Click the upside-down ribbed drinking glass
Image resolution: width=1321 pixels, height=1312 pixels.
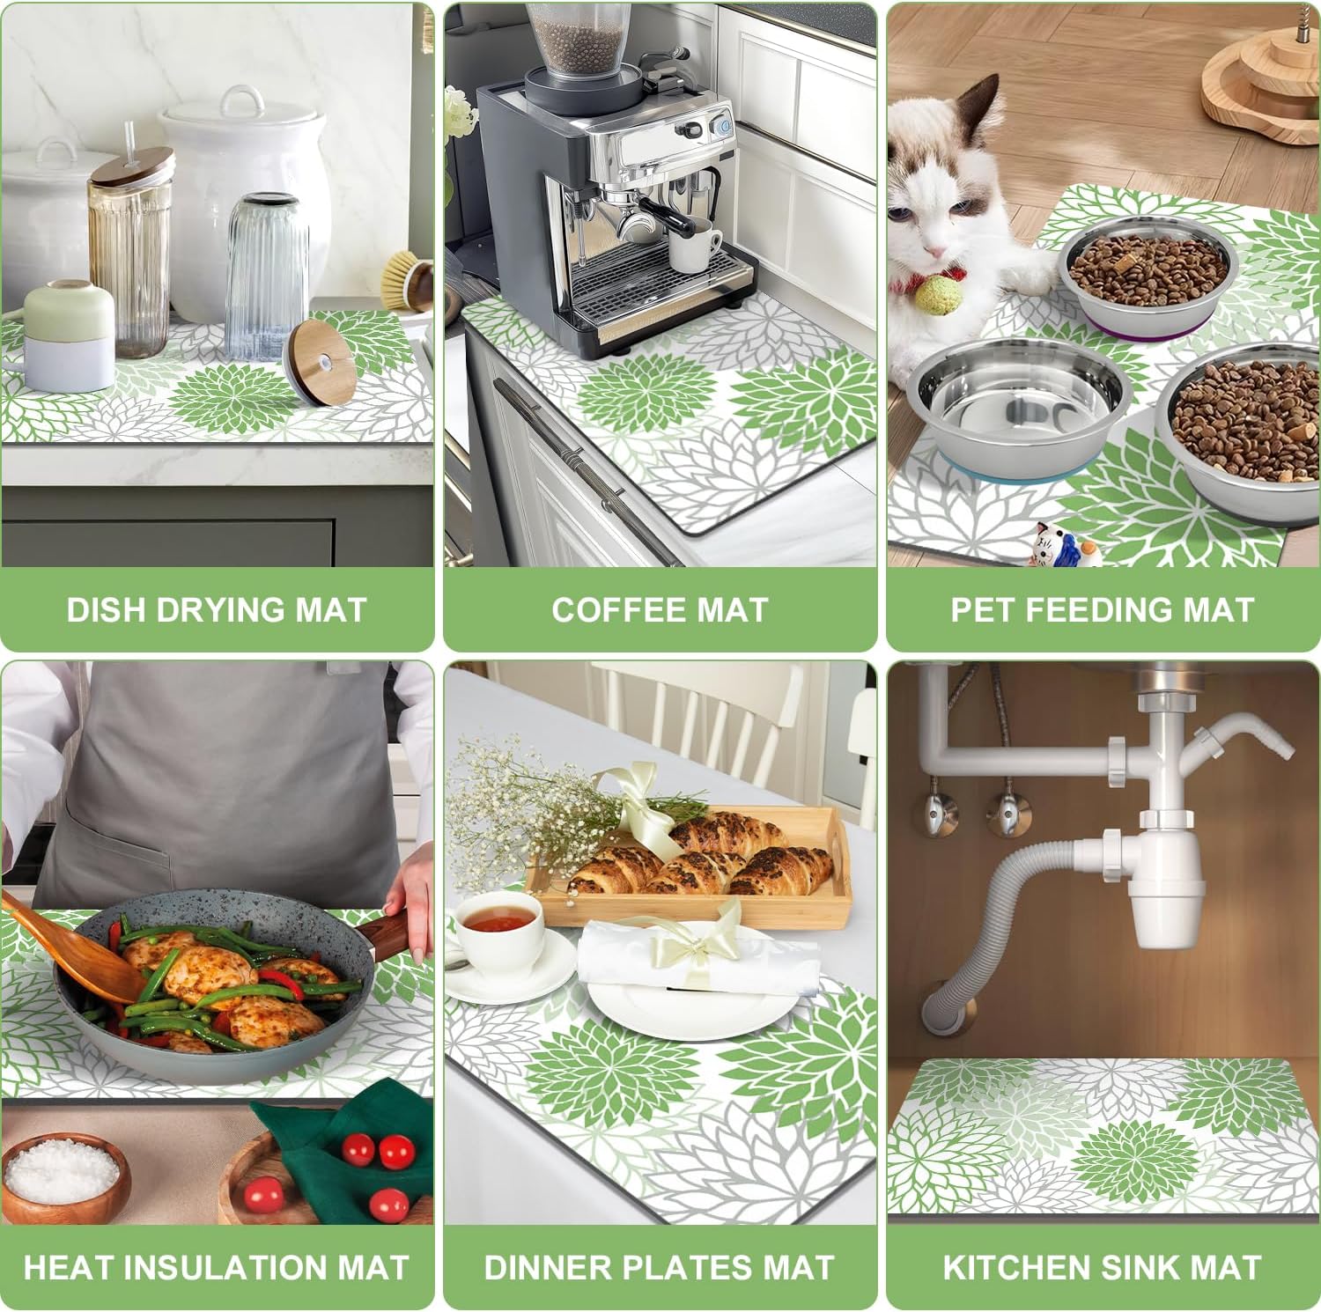[266, 273]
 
